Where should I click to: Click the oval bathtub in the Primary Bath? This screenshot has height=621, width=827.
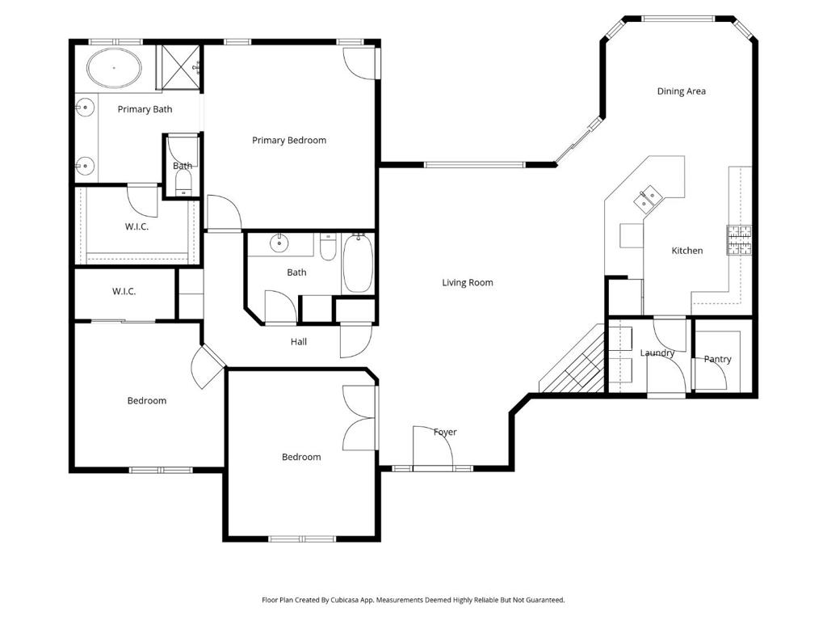[113, 69]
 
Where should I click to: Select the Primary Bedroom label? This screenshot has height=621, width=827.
[289, 141]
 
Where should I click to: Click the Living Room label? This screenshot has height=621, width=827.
[467, 283]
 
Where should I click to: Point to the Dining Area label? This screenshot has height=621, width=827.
[681, 91]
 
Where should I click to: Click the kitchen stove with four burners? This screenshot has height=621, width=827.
[739, 240]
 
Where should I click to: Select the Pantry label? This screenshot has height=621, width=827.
[717, 359]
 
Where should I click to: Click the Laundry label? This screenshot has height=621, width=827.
[657, 353]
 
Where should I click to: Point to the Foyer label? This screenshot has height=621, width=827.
[445, 433]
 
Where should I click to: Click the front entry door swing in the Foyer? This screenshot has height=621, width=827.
[430, 447]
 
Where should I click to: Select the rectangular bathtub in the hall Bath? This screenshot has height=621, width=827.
[357, 263]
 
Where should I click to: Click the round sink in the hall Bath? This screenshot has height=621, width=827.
[279, 243]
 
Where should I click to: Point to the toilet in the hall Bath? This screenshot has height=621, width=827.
[328, 247]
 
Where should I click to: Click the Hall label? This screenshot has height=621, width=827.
[299, 342]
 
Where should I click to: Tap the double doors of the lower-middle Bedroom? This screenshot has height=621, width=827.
[360, 418]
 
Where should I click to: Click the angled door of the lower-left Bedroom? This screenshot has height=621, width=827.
[208, 365]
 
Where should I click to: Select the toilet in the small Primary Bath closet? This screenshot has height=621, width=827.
[183, 180]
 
